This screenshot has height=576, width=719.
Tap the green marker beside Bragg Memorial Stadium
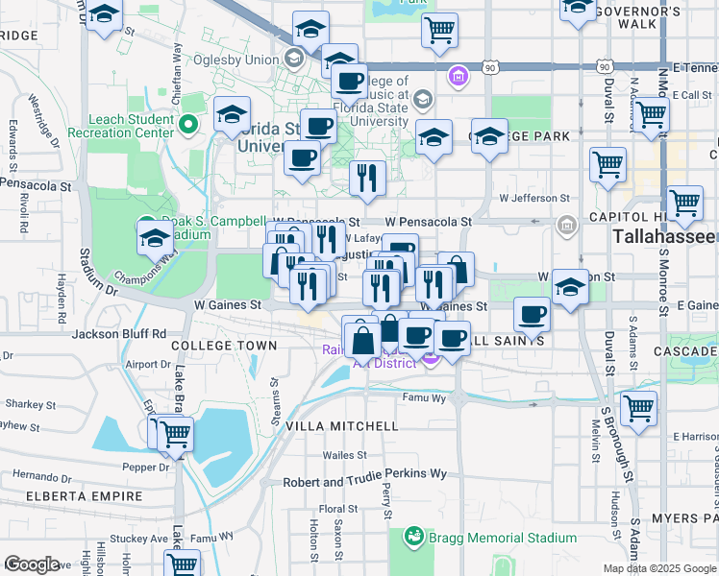[413, 535]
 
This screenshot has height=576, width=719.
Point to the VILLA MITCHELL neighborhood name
[341, 425]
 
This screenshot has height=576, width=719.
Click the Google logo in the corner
[31, 564]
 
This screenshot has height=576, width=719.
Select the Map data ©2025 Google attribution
[658, 568]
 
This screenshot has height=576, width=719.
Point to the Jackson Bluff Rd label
[119, 334]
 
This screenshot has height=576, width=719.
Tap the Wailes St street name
[345, 454]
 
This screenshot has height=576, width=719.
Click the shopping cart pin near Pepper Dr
[174, 434]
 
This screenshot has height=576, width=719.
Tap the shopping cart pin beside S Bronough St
[638, 408]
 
